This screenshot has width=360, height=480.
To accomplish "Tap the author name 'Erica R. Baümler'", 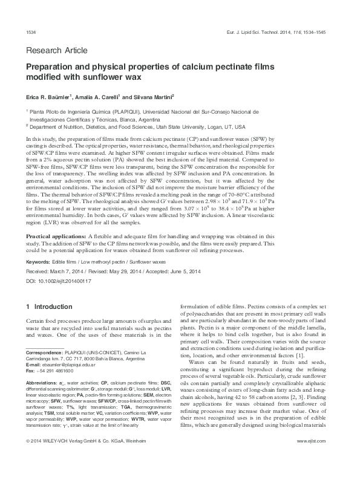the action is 49,96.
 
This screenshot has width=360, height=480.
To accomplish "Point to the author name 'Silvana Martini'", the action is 155,96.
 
